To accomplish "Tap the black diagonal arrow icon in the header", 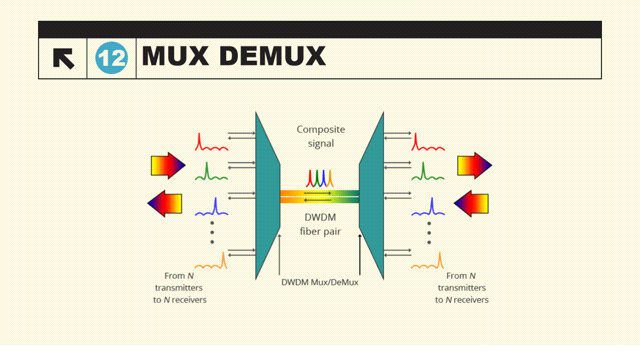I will tap(64, 58).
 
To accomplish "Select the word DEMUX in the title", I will tap(273, 56).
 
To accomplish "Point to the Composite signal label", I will tap(321, 136).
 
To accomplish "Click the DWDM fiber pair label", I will tap(320, 224).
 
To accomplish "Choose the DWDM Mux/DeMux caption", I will tap(320, 282).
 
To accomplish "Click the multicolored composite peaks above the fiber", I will tap(320, 178).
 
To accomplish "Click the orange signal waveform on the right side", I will tap(428, 261).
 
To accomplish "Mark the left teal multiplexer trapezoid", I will tap(266, 195).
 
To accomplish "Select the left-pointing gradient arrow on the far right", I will tap(471, 203).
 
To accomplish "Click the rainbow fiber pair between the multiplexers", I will tap(319, 196).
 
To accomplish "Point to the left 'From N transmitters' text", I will tap(179, 281).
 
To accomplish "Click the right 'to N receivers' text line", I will tap(462, 300).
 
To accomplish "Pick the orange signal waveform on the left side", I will tap(212, 261).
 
